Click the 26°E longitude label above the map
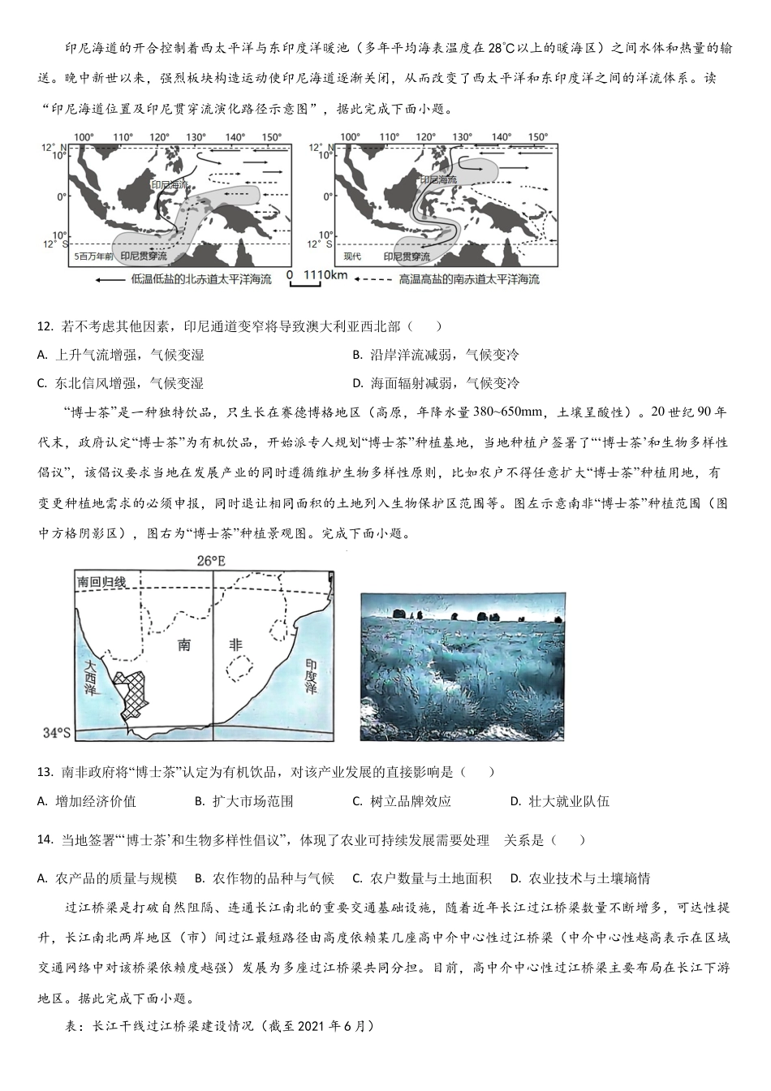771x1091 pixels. (x=211, y=560)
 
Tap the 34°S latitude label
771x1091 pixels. (x=57, y=733)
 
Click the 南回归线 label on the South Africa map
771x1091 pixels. (x=101, y=582)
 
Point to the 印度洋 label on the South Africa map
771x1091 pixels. (x=311, y=675)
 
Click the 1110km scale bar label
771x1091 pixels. (x=325, y=275)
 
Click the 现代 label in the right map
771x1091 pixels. (x=352, y=257)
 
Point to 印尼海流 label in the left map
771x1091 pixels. (x=169, y=186)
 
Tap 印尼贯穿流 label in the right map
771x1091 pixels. (x=407, y=257)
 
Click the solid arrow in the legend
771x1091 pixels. (x=109, y=279)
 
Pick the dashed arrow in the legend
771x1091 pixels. (x=373, y=279)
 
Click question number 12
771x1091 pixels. (x=45, y=326)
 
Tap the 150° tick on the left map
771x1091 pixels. (x=271, y=137)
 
